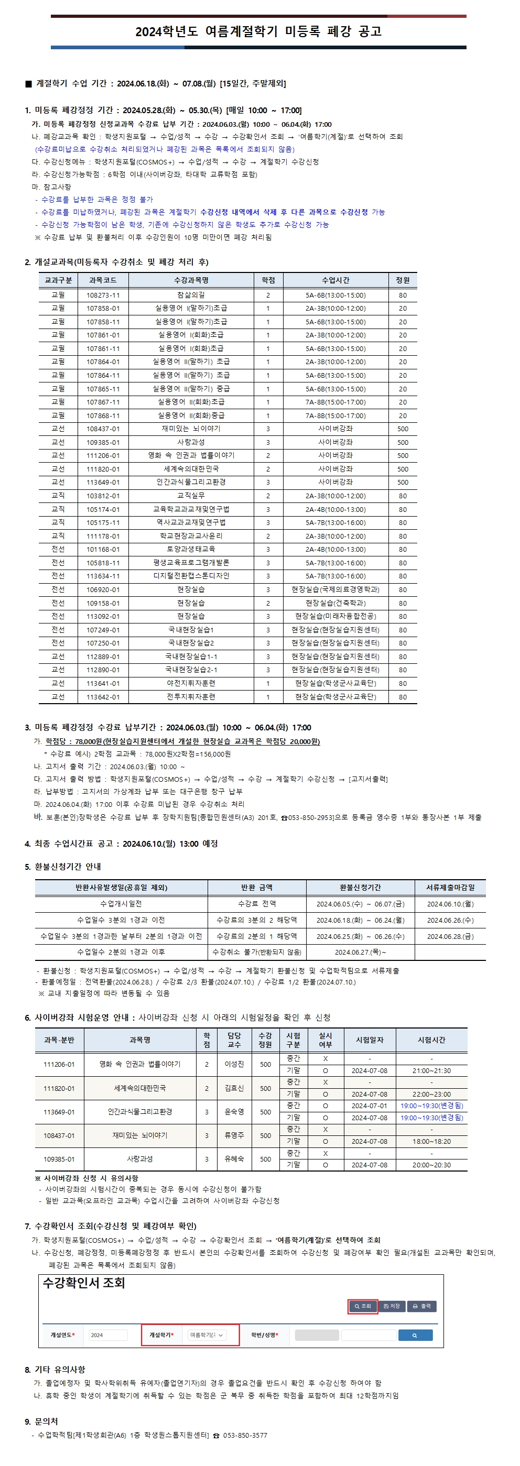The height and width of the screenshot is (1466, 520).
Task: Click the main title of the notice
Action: [x=258, y=31]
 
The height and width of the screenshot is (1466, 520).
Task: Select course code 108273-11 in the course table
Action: [x=103, y=296]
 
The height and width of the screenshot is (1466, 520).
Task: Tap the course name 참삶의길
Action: [x=191, y=296]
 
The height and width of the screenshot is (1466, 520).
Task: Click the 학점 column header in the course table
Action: [x=268, y=280]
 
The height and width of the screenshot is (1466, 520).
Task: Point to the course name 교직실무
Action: [x=191, y=496]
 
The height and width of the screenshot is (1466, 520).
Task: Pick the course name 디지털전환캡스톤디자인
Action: [x=191, y=576]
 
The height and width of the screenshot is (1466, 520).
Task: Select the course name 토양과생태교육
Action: [x=191, y=549]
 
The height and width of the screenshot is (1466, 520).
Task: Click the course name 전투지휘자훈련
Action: [x=191, y=696]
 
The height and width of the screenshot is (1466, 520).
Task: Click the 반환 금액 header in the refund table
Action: [x=256, y=887]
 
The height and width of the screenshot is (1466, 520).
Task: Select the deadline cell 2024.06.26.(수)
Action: [x=450, y=920]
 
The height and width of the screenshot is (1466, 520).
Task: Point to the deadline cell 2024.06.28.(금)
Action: [x=450, y=936]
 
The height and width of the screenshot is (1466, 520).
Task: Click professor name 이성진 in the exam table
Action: [x=234, y=1064]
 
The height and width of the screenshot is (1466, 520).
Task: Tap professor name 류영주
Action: [x=234, y=1135]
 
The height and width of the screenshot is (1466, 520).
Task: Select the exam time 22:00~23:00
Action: [x=431, y=1095]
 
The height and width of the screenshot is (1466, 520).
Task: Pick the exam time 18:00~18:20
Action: [x=431, y=1142]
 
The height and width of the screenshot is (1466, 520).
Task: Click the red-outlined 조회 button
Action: [x=362, y=1306]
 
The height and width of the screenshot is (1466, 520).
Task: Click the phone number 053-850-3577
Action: [x=245, y=1435]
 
